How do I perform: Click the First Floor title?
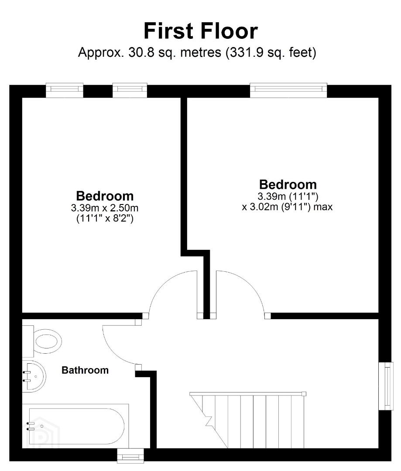(x=201, y=31)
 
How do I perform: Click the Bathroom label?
(x=85, y=370)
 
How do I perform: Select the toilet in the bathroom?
(x=42, y=341)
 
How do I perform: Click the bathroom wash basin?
(x=34, y=376)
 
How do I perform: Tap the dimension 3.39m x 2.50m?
(x=105, y=208)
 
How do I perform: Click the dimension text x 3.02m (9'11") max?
(x=288, y=207)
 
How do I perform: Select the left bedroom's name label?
(x=105, y=196)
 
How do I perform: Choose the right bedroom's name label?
(x=288, y=184)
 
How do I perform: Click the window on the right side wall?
(x=386, y=386)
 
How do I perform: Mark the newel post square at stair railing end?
(x=304, y=394)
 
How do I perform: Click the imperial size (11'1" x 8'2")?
(x=105, y=218)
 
